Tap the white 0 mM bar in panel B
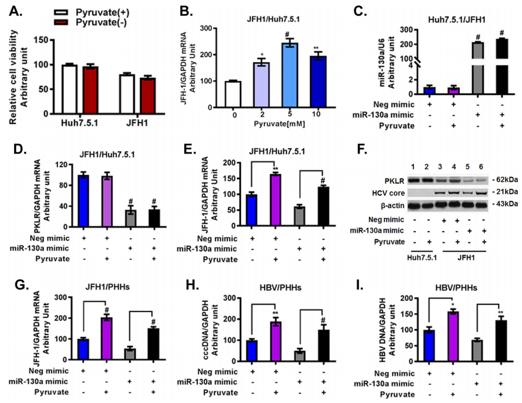(x=234, y=94)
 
